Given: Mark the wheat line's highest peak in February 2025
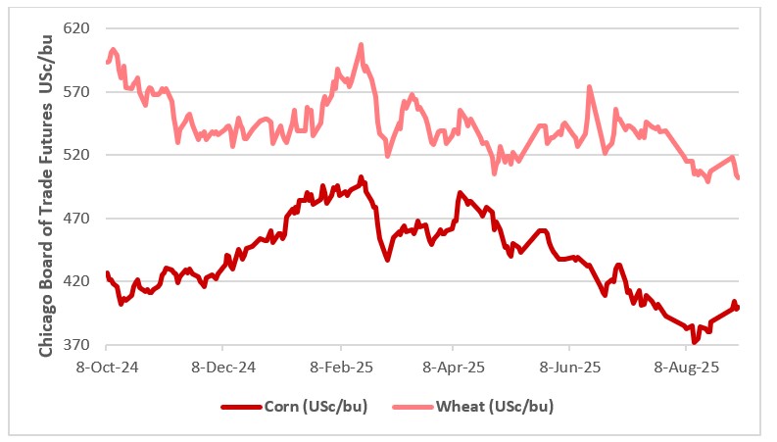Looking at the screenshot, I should tap(362, 44).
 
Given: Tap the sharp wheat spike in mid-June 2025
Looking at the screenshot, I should tap(589, 86).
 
